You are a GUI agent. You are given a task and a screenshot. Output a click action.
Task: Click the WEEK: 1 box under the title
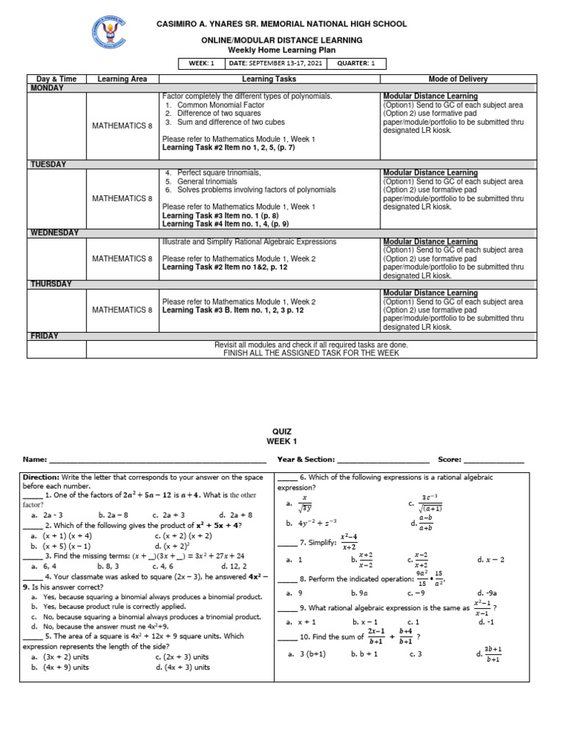(200, 63)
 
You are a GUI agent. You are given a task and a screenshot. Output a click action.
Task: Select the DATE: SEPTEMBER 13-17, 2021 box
(274, 63)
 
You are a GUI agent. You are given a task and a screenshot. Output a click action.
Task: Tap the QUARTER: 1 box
(355, 63)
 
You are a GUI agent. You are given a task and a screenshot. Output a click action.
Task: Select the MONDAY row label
(47, 88)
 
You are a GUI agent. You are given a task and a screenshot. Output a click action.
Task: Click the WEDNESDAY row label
(54, 233)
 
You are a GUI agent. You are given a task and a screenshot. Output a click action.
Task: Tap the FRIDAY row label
(43, 336)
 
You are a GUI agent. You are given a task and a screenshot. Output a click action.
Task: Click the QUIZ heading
(281, 433)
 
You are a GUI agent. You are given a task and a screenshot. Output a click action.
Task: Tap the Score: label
(450, 460)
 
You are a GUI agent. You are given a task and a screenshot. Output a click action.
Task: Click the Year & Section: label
(305, 460)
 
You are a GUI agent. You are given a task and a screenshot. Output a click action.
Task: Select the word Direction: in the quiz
(42, 477)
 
